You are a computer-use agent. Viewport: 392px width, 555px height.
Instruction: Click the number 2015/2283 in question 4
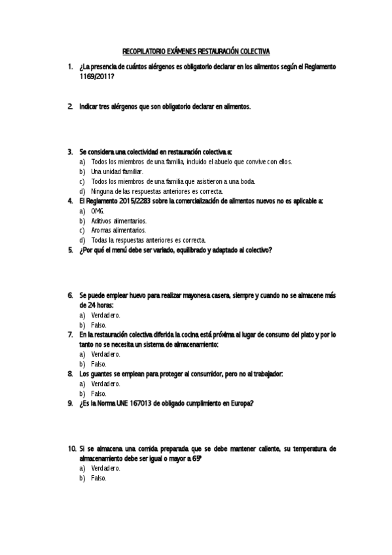[133, 201]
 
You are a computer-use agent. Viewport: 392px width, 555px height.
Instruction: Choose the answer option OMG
[98, 211]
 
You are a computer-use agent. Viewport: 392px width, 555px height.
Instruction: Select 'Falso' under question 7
[99, 364]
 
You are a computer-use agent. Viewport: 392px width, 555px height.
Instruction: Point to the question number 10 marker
[71, 449]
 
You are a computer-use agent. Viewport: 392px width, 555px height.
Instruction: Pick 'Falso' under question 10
[99, 478]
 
